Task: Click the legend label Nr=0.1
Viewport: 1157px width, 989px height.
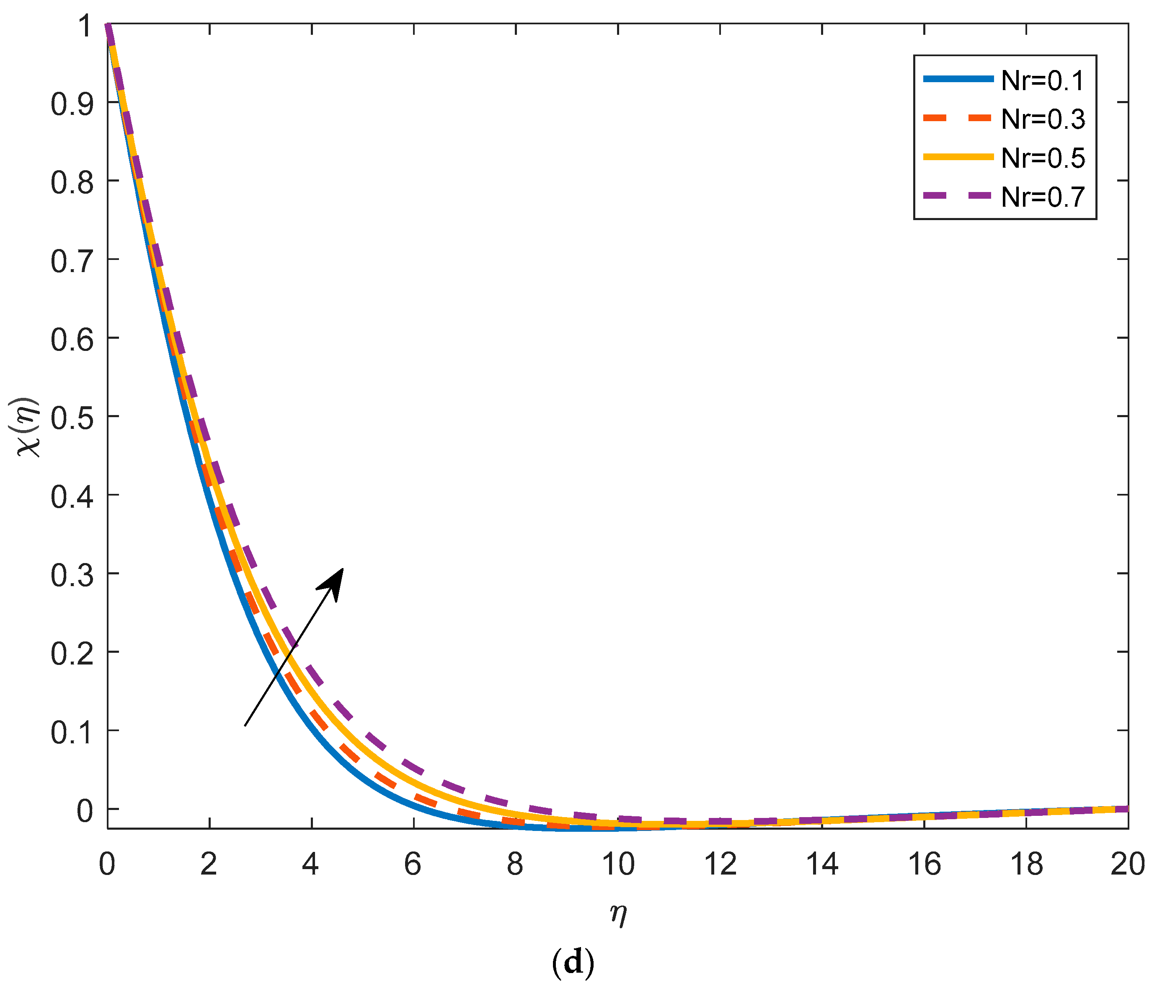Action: pyautogui.click(x=1043, y=81)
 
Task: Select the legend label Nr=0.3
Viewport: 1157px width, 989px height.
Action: pyautogui.click(x=1043, y=119)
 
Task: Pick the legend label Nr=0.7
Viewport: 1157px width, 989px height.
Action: pyautogui.click(x=1043, y=197)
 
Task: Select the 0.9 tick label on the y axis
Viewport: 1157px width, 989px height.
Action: pyautogui.click(x=72, y=104)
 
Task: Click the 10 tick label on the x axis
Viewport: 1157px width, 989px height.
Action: pyautogui.click(x=618, y=864)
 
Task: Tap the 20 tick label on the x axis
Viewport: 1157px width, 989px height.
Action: pyautogui.click(x=1128, y=864)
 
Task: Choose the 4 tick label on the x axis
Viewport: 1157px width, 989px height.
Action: pyautogui.click(x=310, y=864)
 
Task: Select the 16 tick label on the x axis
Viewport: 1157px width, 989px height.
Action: pyautogui.click(x=924, y=864)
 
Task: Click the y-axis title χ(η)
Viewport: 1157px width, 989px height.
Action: pyautogui.click(x=27, y=428)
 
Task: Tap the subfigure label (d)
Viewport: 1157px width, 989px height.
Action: pyautogui.click(x=573, y=962)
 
